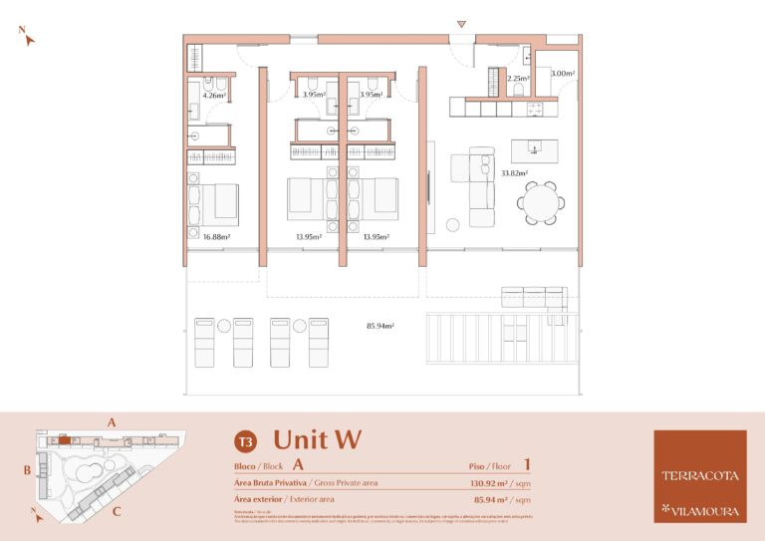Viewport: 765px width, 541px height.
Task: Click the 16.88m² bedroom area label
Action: (x=216, y=237)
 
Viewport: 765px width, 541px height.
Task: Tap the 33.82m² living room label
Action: (x=514, y=173)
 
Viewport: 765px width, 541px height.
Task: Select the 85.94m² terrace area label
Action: (x=382, y=326)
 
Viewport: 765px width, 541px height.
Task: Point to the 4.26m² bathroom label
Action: (x=215, y=97)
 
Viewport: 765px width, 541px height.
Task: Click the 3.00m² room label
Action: (x=562, y=74)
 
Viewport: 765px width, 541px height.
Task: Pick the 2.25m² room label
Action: (x=517, y=78)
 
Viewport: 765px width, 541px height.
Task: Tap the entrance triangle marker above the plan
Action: (x=460, y=24)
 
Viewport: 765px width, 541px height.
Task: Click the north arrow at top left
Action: (x=29, y=38)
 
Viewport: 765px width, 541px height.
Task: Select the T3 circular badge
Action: (x=244, y=439)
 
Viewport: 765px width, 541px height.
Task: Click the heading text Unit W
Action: (x=317, y=438)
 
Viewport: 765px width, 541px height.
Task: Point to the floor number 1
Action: (x=526, y=464)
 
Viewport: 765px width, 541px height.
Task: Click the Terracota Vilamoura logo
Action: (x=699, y=476)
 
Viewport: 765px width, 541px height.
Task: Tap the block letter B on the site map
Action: (x=29, y=468)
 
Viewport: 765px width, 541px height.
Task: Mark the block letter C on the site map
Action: (x=117, y=513)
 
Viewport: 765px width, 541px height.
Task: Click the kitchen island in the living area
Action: (x=534, y=150)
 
